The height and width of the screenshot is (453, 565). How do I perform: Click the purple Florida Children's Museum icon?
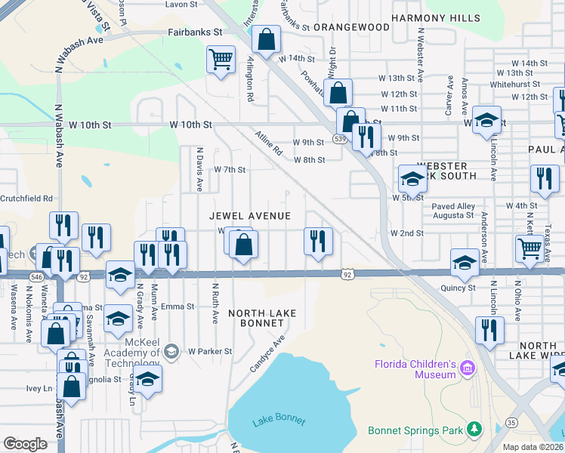tap(468, 368)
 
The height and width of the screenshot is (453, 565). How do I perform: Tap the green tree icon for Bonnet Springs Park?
tap(474, 430)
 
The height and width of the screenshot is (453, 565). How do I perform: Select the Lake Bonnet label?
tap(279, 421)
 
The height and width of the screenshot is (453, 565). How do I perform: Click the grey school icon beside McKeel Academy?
tap(171, 350)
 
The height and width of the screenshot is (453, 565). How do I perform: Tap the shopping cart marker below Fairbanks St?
tap(220, 60)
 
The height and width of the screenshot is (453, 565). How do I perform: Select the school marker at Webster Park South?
tap(412, 179)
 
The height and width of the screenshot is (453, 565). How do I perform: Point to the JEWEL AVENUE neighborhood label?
tap(250, 217)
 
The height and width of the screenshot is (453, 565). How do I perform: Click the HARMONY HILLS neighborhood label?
tap(435, 18)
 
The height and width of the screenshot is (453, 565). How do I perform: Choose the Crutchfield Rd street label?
tap(26, 199)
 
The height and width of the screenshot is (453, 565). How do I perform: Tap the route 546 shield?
tap(37, 278)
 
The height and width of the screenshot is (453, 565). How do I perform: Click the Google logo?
tap(26, 444)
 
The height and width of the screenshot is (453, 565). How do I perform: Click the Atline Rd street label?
tap(267, 140)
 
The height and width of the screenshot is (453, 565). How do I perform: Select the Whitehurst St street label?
tap(514, 85)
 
